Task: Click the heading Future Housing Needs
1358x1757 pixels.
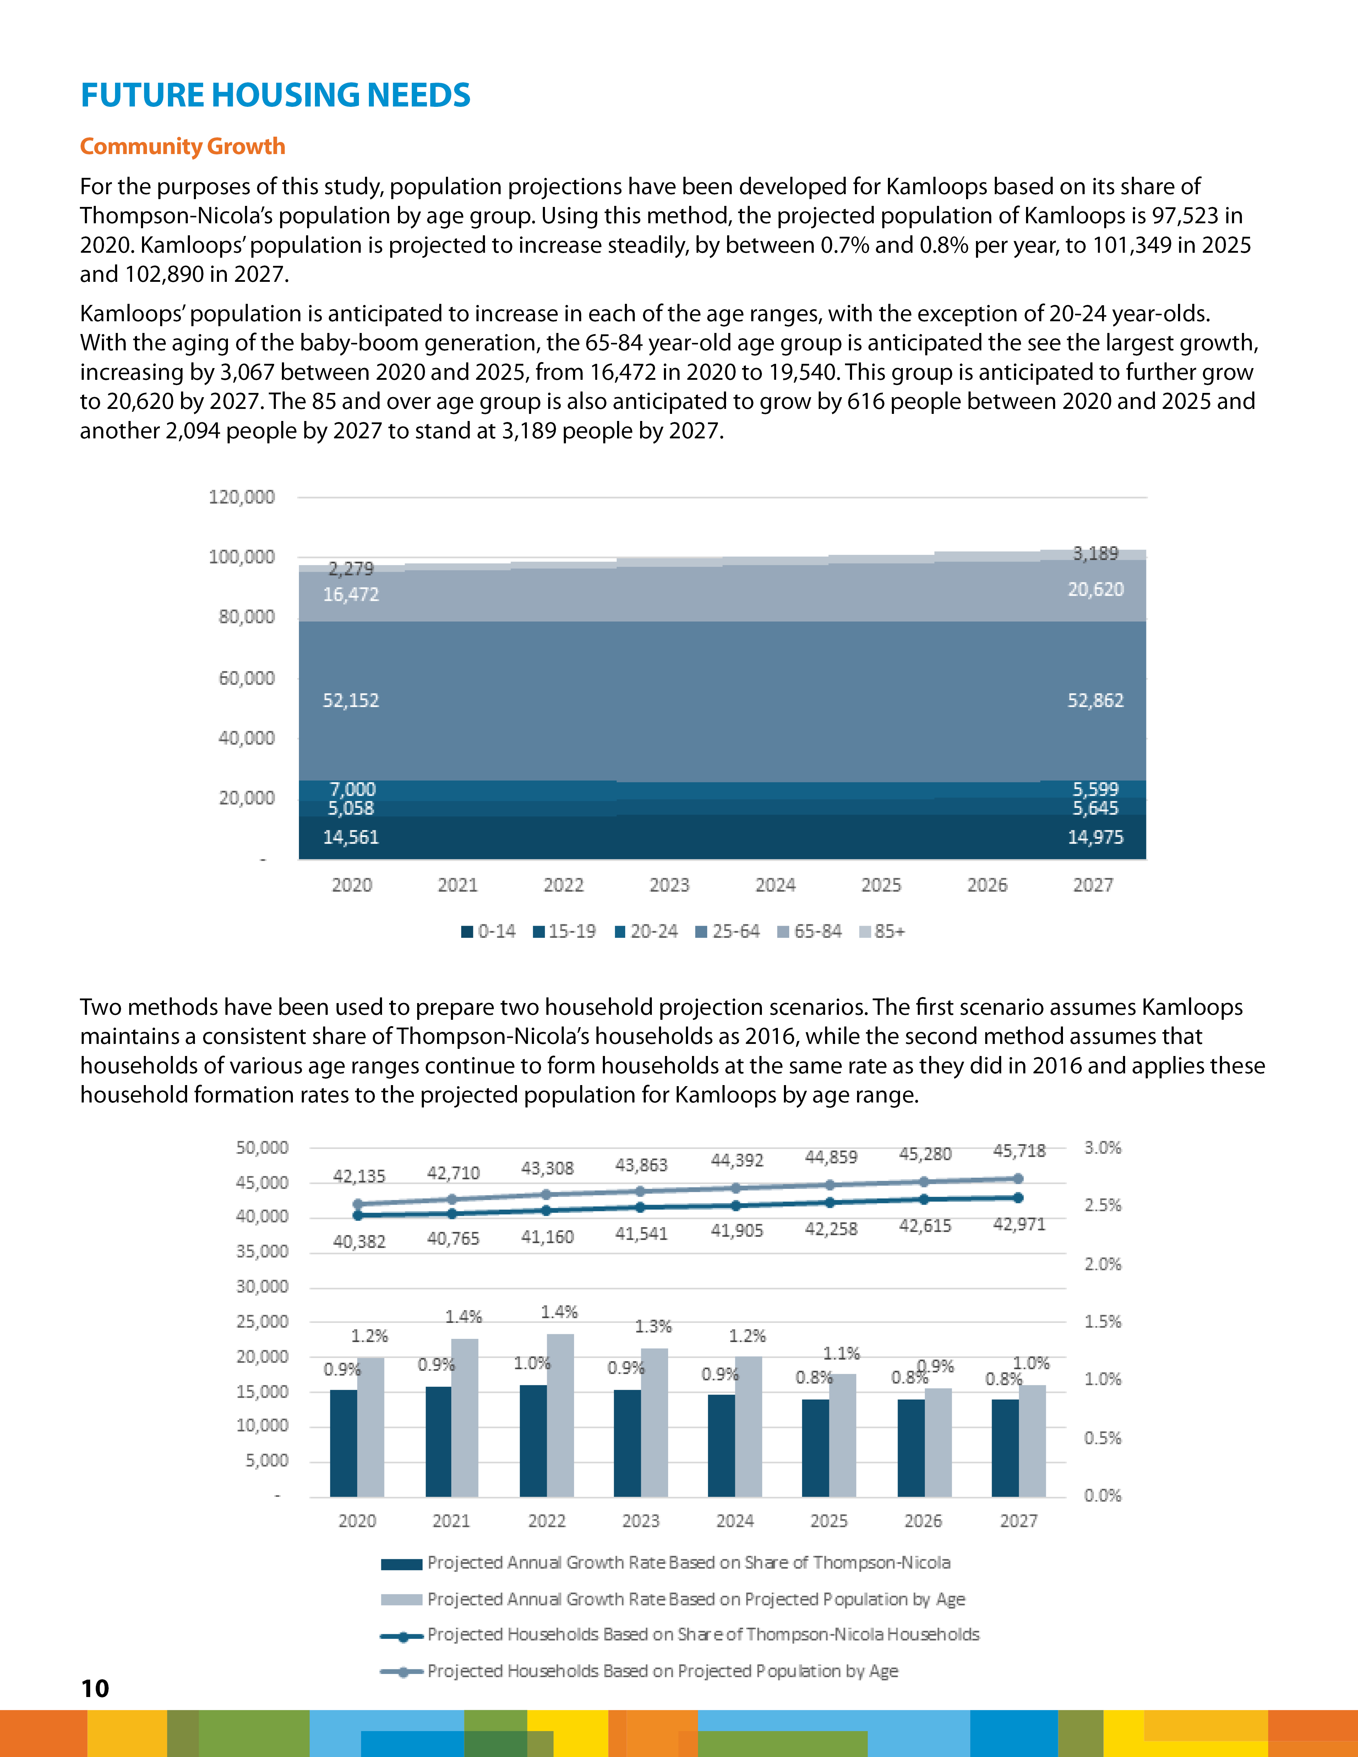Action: tap(275, 95)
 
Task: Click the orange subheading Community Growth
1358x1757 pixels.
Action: tap(182, 146)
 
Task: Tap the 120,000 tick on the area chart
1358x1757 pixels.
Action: tap(241, 497)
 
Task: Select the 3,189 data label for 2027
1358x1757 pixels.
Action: tap(1095, 553)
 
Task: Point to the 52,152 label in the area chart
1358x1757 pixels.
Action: tap(351, 701)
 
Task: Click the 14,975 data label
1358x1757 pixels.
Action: tap(1095, 837)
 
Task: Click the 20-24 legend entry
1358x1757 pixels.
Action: tap(646, 932)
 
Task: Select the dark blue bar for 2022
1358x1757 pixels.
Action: tap(533, 1441)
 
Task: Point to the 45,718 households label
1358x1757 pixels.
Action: tap(1019, 1151)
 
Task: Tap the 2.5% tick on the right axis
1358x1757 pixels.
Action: tap(1102, 1205)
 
